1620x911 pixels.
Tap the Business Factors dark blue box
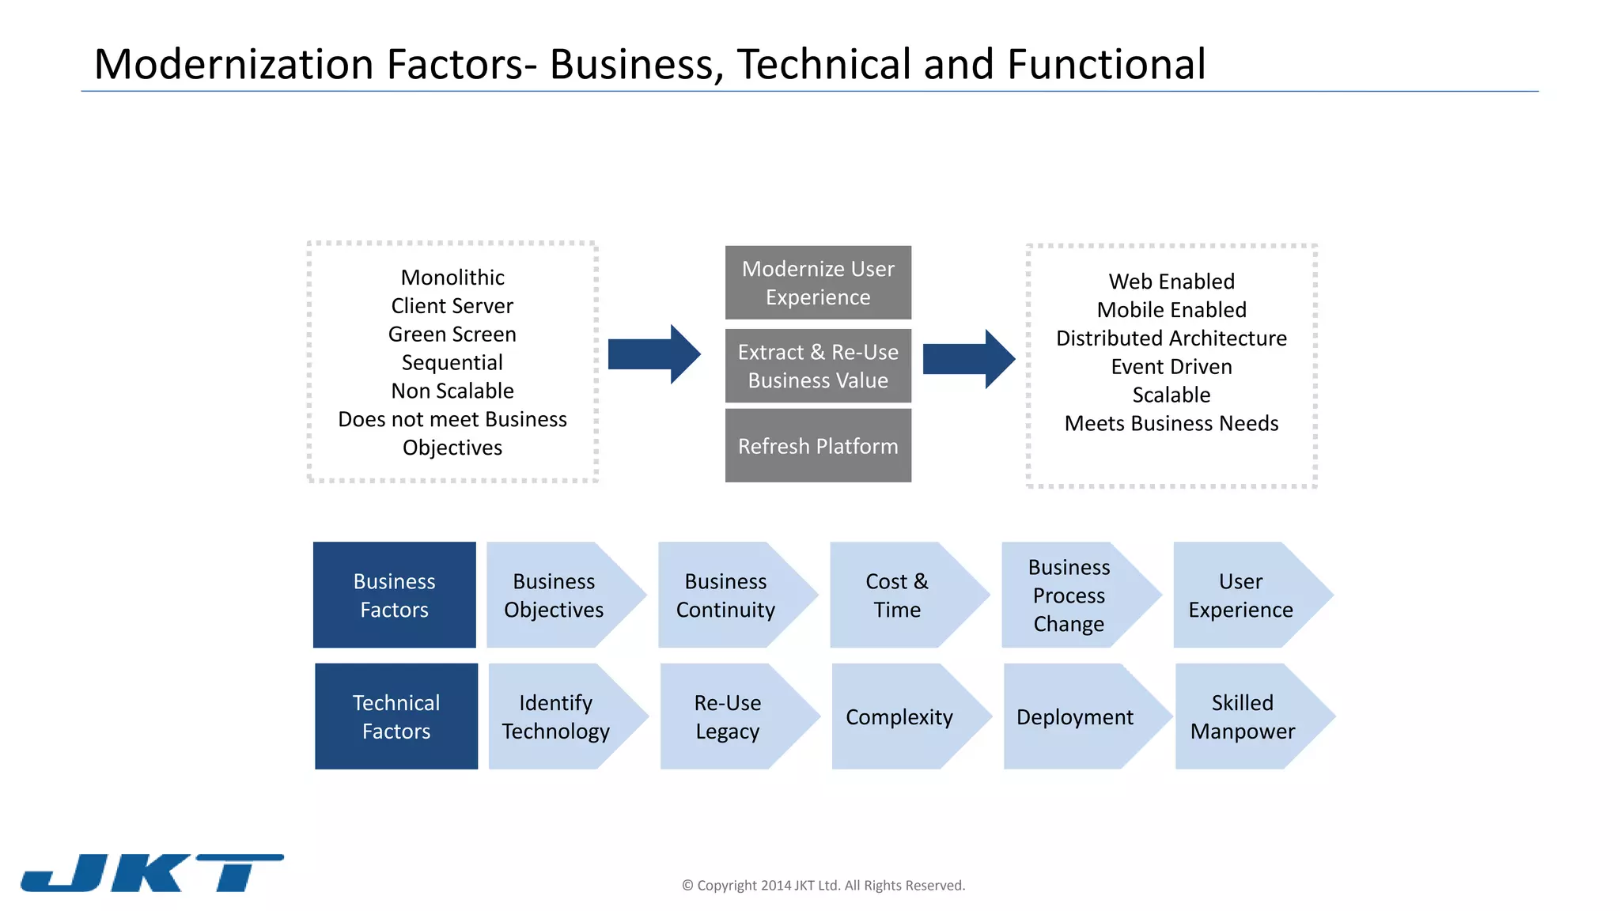tap(394, 595)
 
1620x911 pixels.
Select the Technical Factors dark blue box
tap(396, 716)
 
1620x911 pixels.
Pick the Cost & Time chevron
tap(898, 595)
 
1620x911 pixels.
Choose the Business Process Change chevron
tap(1069, 595)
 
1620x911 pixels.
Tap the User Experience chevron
tap(1241, 595)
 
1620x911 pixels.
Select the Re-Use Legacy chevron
tap(729, 716)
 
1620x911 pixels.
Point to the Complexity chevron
tap(900, 716)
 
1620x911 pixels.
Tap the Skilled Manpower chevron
tap(1243, 716)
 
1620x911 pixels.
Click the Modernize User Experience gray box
tap(818, 283)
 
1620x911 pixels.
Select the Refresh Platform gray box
tap(818, 446)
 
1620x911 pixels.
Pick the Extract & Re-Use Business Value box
tap(818, 366)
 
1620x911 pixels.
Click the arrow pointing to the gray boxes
tap(653, 354)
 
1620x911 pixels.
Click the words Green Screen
tap(452, 335)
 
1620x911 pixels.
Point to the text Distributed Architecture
tap(1171, 338)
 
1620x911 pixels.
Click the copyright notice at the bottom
tap(823, 886)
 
